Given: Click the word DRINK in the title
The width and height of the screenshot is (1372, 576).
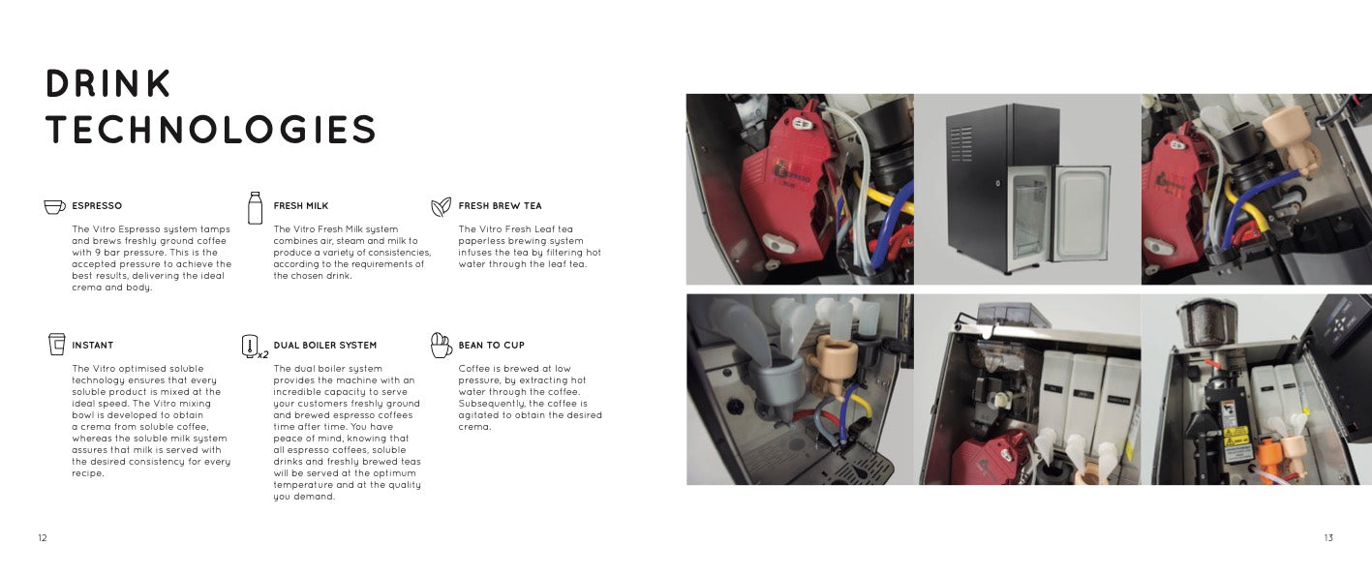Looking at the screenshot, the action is pos(108,83).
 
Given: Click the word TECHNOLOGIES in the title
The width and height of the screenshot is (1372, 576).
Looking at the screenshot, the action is pos(211,129).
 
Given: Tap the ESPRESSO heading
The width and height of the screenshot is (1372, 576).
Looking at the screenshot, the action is pos(97,205).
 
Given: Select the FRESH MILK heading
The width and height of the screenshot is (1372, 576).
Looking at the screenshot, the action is pos(301,205).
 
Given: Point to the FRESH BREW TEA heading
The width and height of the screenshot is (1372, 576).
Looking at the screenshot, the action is pos(500,205).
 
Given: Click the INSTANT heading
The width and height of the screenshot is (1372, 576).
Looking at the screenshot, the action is pos(93,346).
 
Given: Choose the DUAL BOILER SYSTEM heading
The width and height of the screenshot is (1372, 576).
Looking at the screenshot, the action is pos(324,346).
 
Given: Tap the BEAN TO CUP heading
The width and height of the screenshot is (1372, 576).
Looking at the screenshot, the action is pos(491,346).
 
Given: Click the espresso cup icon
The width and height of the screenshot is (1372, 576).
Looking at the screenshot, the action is pos(54,207).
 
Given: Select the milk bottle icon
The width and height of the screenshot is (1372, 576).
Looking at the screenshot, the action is pos(255,208).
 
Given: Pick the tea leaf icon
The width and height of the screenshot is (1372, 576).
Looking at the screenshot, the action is pos(441,207).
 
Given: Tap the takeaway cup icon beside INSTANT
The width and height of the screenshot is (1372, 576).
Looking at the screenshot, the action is pos(56,344).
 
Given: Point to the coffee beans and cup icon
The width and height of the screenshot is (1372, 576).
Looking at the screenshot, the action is pos(441,346).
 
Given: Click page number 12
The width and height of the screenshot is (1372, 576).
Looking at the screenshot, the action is pos(43,538).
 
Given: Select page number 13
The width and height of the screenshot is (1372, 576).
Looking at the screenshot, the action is pos(1328,538).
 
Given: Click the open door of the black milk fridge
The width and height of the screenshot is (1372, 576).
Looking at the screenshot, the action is pos(1082,213).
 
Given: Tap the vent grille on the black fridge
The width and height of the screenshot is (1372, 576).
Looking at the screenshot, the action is pos(961,144).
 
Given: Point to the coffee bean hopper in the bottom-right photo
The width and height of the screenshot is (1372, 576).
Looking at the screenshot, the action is pos(1206,322).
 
